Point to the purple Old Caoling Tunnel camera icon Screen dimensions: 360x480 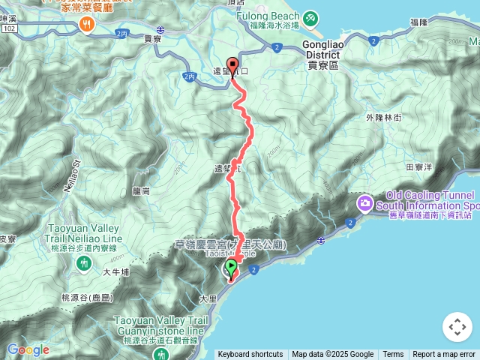pos(365,202)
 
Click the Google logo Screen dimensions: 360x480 pos(27,349)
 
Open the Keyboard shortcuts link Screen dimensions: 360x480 pos(250,355)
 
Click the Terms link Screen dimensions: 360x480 pos(393,355)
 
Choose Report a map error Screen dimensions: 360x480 pos(444,355)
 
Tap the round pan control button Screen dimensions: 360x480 pos(457,327)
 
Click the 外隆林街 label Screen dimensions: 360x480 pos(384,118)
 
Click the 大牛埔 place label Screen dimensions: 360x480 pos(117,271)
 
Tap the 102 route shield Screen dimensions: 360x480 pos(8,28)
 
